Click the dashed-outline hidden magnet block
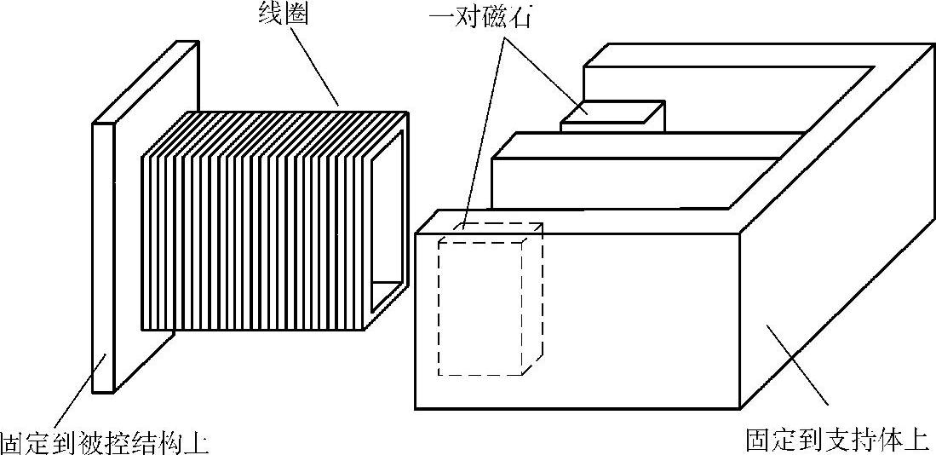pyautogui.click(x=480, y=307)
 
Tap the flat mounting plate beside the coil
pyautogui.click(x=102, y=256)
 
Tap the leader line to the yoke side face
pyautogui.click(x=796, y=366)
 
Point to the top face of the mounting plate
pyautogui.click(x=145, y=81)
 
